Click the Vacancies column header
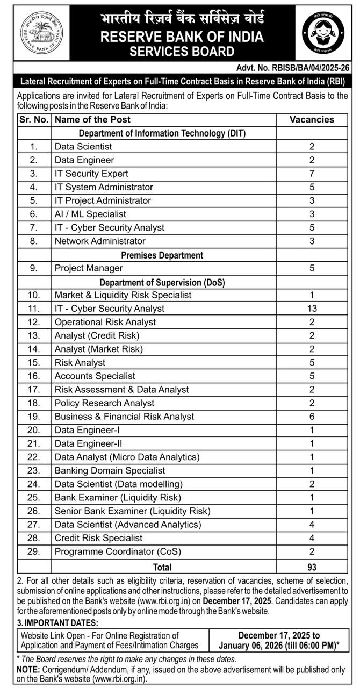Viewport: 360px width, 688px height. (x=312, y=119)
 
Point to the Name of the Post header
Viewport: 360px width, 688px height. (x=92, y=119)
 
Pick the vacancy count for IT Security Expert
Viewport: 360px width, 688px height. (x=312, y=174)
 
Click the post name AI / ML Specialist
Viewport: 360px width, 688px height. (x=90, y=214)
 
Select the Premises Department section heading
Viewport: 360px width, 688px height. (x=162, y=255)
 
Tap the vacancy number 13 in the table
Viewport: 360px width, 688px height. (x=312, y=309)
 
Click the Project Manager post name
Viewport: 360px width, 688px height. (x=89, y=268)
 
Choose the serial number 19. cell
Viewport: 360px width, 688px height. (x=34, y=417)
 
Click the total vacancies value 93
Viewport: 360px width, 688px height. (x=312, y=567)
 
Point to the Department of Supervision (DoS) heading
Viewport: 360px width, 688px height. (x=162, y=282)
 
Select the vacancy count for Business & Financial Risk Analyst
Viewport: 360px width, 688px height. (x=312, y=417)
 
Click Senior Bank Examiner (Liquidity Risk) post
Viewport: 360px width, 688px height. (x=132, y=511)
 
